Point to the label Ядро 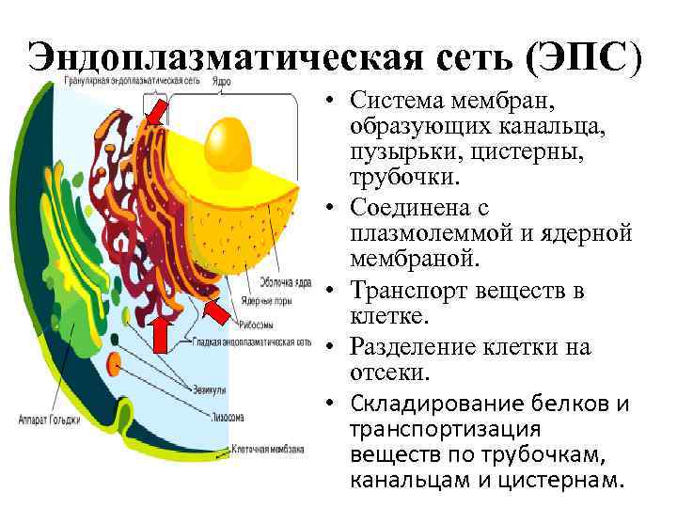click(222, 82)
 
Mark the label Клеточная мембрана click(267, 450)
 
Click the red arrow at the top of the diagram click(153, 112)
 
